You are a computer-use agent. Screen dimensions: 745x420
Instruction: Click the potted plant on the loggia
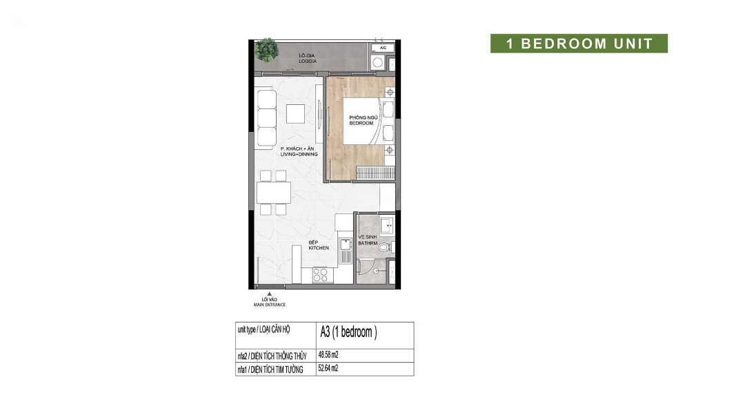pyautogui.click(x=266, y=49)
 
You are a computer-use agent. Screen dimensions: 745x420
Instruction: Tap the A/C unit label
pyautogui.click(x=383, y=48)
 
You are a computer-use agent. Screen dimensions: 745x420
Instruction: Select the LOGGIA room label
pyautogui.click(x=308, y=61)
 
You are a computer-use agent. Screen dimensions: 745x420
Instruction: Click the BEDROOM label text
pyautogui.click(x=361, y=123)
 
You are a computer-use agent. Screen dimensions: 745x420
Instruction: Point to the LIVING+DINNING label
pyautogui.click(x=299, y=154)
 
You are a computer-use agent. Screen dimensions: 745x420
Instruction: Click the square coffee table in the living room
pyautogui.click(x=295, y=114)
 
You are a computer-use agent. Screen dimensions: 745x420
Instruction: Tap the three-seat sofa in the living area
pyautogui.click(x=266, y=117)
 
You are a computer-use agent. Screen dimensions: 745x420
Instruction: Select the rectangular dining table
pyautogui.click(x=274, y=193)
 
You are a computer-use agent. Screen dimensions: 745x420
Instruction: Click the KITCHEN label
pyautogui.click(x=318, y=248)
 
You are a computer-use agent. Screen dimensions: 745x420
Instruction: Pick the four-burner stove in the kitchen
pyautogui.click(x=320, y=275)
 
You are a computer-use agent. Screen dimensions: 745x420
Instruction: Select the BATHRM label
pyautogui.click(x=368, y=244)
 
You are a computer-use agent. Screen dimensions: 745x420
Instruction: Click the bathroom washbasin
pyautogui.click(x=387, y=226)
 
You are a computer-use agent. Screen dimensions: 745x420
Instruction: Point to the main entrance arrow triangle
pyautogui.click(x=270, y=294)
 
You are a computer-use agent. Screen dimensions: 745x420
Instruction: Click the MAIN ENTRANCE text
pyautogui.click(x=270, y=305)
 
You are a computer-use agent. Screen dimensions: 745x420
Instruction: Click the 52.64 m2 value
pyautogui.click(x=328, y=368)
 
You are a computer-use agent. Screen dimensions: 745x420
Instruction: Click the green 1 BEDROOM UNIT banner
pyautogui.click(x=579, y=44)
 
